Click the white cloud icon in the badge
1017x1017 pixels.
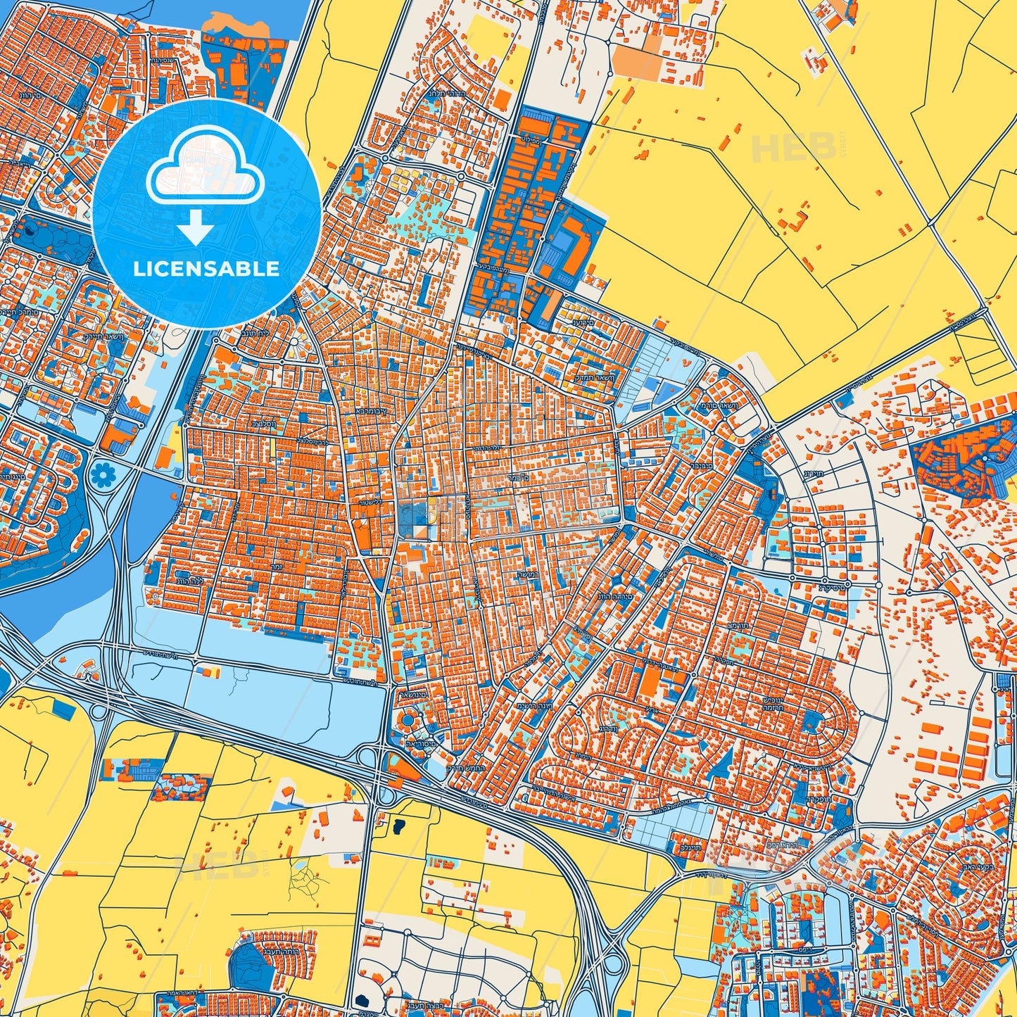[205, 170]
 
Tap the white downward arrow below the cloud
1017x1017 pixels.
[196, 228]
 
